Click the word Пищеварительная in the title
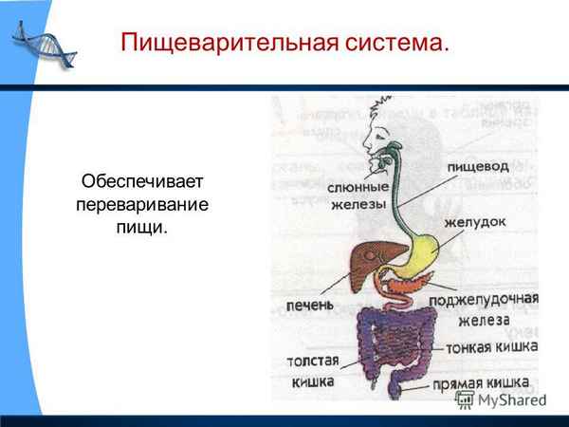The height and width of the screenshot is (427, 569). [x=233, y=43]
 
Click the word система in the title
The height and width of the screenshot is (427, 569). [x=398, y=43]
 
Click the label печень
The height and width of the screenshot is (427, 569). [x=309, y=306]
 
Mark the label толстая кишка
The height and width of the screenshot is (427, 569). [x=311, y=371]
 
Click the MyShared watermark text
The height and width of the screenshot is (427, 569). [x=511, y=399]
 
